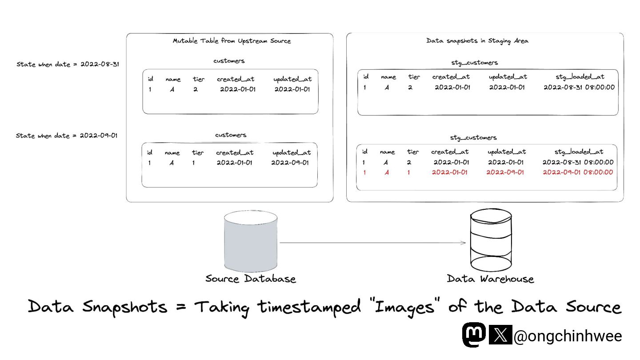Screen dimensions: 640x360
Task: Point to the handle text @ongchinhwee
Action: (568, 336)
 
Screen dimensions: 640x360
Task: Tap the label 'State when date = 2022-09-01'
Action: (67, 136)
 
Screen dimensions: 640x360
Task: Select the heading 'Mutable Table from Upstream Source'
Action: (232, 41)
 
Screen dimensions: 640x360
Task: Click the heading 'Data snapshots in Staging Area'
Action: (477, 41)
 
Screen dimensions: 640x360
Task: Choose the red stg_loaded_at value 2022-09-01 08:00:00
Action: (578, 172)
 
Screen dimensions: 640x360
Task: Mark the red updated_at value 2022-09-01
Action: (505, 172)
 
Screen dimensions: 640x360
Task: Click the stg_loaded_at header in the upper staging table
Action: (580, 77)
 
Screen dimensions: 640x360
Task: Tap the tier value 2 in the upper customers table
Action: (195, 89)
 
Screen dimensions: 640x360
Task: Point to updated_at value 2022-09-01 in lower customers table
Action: (290, 163)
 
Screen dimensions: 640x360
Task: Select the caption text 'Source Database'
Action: (251, 279)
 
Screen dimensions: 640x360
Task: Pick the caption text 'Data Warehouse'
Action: (490, 279)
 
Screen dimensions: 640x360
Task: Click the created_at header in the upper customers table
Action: (236, 79)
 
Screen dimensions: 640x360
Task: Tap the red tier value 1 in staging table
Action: (409, 172)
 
